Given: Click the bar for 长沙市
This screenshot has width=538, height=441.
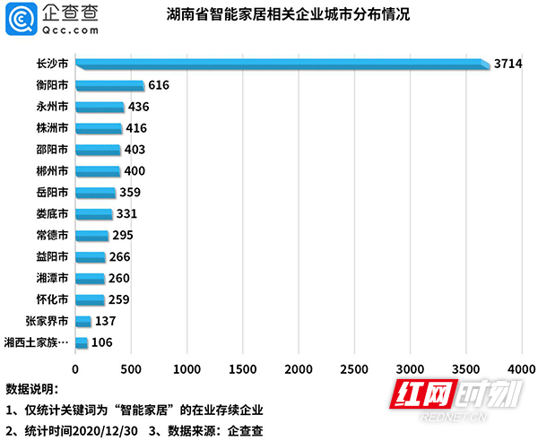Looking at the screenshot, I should tap(282, 64).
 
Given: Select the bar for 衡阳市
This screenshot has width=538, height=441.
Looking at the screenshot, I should tap(109, 85).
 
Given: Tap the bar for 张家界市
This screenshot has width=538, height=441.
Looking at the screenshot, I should tap(83, 321).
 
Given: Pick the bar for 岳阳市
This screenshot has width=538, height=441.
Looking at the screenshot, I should tap(95, 192).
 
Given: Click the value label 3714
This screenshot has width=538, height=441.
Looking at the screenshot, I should tap(508, 64).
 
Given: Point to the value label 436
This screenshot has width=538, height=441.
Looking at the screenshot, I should tap(139, 107).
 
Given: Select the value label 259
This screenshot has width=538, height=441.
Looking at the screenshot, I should tap(120, 299).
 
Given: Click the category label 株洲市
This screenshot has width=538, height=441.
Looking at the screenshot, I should tap(52, 128).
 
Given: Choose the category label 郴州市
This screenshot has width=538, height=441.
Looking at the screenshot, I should tap(52, 171).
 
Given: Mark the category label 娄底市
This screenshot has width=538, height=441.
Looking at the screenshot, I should tap(52, 214).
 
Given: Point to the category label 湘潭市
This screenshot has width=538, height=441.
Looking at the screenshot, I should tap(52, 278).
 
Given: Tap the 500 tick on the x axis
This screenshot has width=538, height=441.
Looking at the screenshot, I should tap(131, 369).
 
